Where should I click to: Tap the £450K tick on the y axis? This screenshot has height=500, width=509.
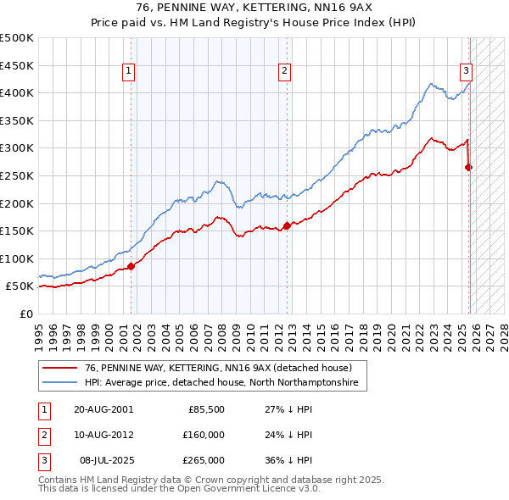coord(17,65)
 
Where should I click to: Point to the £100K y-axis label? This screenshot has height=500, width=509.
coord(17,258)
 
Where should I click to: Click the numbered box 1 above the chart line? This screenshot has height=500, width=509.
coord(128,72)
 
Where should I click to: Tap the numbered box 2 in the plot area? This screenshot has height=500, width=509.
coord(284,72)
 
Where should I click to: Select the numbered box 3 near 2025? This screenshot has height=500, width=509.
coord(467,72)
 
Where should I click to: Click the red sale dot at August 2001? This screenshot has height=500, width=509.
coord(131,266)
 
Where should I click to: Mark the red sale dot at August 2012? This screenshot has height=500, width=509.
coord(287,225)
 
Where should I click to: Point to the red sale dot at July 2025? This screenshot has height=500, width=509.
coord(469,168)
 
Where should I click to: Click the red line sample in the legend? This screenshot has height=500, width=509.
coord(60,369)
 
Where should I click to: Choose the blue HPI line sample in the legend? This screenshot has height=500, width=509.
coord(60,383)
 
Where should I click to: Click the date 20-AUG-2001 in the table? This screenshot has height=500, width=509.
coord(103,409)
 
